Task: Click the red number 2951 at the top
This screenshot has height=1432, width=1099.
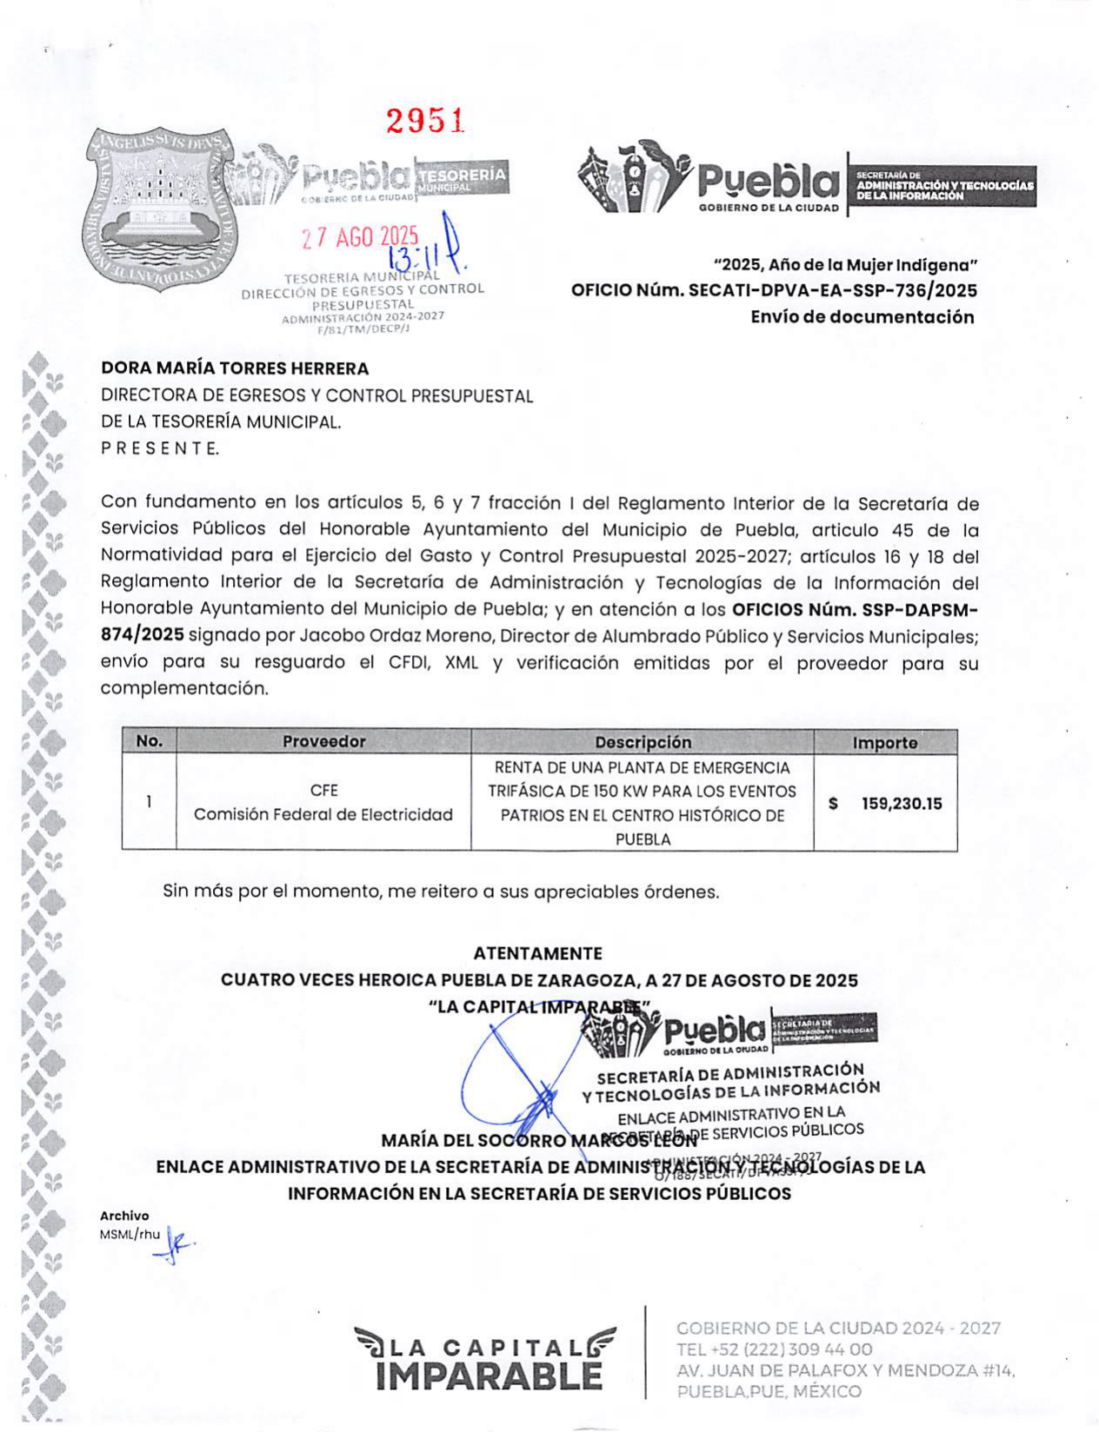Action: point(425,122)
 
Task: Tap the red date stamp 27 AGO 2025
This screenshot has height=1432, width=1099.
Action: point(360,236)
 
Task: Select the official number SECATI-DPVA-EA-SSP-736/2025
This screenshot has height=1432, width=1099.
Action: point(832,290)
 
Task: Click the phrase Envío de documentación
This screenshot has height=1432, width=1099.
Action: point(862,317)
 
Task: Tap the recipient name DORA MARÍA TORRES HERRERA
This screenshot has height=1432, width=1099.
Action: point(235,368)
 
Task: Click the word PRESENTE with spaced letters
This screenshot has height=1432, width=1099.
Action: point(160,448)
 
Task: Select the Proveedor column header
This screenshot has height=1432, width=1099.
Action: point(323,741)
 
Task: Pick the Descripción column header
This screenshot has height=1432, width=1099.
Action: point(643,742)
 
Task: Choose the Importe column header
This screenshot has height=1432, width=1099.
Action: point(884,742)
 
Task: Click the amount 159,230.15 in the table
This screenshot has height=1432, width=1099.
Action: point(901,804)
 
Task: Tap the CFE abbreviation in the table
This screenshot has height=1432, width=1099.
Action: point(323,790)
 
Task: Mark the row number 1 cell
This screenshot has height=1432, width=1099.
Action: point(149,802)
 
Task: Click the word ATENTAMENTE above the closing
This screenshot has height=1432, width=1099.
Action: point(537,953)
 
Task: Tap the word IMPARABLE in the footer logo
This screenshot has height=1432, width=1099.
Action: point(490,1376)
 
